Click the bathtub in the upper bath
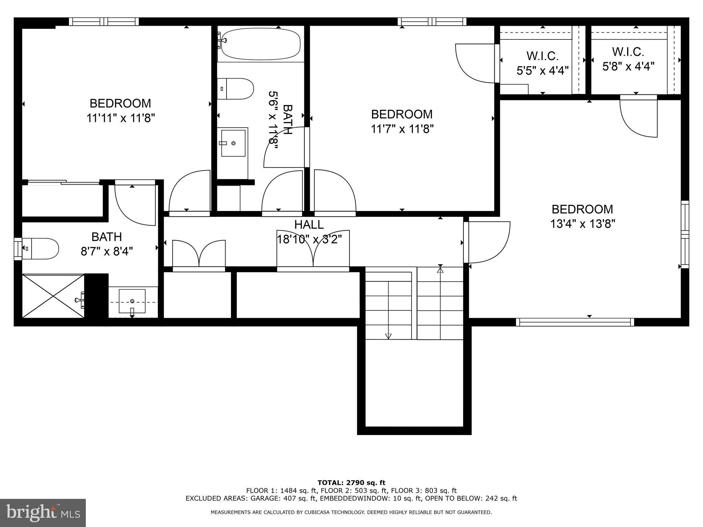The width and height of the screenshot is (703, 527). point(261,44)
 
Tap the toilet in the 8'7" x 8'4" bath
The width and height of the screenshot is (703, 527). point(41,248)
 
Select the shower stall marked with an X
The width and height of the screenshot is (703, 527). point(53,296)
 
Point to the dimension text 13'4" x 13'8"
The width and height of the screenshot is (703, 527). point(582,224)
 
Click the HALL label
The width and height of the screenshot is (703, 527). point(309,224)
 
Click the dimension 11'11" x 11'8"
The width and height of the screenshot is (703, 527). point(120,118)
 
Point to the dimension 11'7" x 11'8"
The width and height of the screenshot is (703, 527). point(402,129)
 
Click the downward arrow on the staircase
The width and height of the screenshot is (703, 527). point(388,336)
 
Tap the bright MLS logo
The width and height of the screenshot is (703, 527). point(43,513)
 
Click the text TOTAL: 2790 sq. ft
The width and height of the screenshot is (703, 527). point(351,483)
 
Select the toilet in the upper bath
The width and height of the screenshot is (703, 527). point(236,89)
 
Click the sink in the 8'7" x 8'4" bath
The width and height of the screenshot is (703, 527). point(132,301)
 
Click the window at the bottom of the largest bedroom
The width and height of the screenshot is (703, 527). point(575,322)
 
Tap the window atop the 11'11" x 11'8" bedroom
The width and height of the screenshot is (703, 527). point(104,22)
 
